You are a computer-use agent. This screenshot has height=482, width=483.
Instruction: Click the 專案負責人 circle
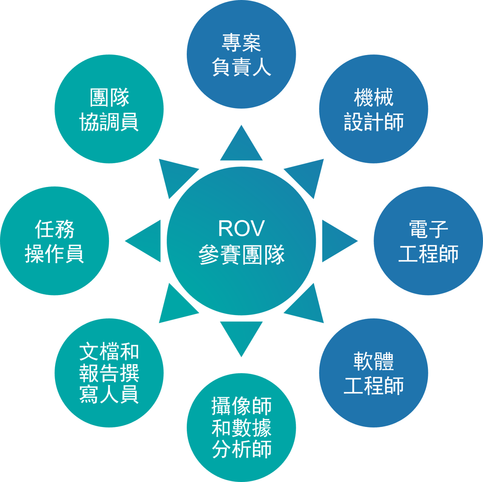pyautogui.click(x=241, y=55)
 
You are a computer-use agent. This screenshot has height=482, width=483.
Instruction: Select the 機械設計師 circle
pyautogui.click(x=373, y=109)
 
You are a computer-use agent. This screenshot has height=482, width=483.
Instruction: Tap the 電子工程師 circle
pyautogui.click(x=428, y=241)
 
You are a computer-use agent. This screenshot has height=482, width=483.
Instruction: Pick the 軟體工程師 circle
pyautogui.click(x=373, y=373)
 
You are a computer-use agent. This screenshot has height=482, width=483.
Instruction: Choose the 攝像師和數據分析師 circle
pyautogui.click(x=241, y=427)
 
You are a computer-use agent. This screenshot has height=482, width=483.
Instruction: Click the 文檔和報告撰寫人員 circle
pyautogui.click(x=109, y=373)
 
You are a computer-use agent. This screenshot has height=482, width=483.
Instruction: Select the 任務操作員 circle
pyautogui.click(x=55, y=241)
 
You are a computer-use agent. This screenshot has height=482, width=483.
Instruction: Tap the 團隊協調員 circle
pyautogui.click(x=109, y=109)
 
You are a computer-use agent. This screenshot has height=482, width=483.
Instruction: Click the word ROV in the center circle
pyautogui.click(x=241, y=228)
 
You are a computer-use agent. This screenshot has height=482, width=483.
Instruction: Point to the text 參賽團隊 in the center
pyautogui.click(x=241, y=254)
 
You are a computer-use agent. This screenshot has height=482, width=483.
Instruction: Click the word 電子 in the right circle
pyautogui.click(x=428, y=229)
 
